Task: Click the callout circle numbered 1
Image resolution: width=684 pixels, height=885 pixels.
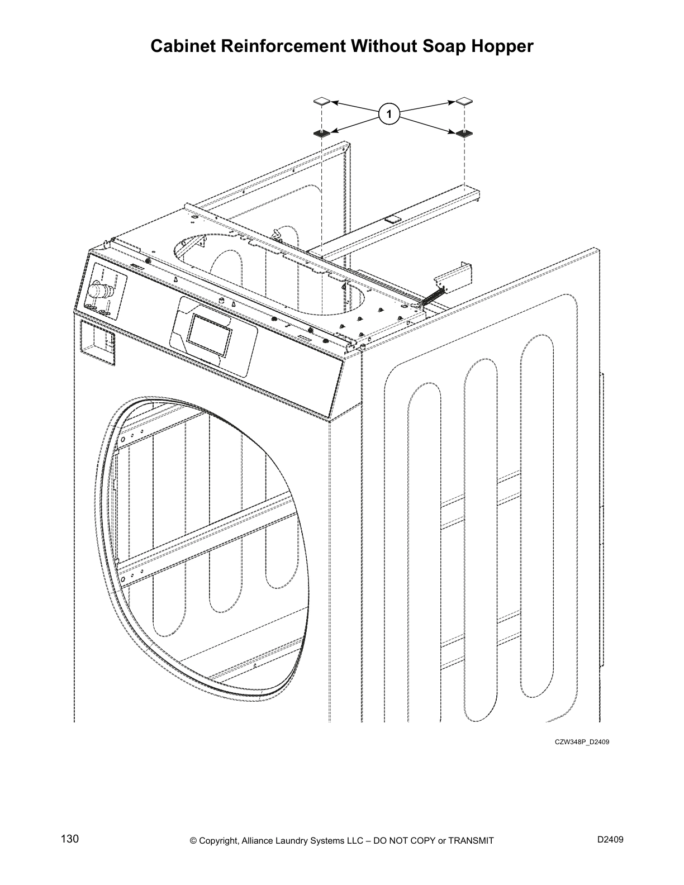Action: (389, 115)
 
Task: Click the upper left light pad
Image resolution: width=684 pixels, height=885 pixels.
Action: (322, 102)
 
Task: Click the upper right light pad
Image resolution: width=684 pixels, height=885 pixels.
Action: (464, 101)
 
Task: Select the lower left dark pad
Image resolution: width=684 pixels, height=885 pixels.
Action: (322, 133)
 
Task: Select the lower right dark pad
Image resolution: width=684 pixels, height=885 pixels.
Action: (464, 133)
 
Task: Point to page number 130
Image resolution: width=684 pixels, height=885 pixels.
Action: (70, 839)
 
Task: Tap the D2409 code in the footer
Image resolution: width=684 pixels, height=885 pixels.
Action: (610, 840)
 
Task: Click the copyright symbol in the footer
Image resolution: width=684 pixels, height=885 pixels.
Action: (193, 841)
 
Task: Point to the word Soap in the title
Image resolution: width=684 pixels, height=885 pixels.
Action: (444, 46)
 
